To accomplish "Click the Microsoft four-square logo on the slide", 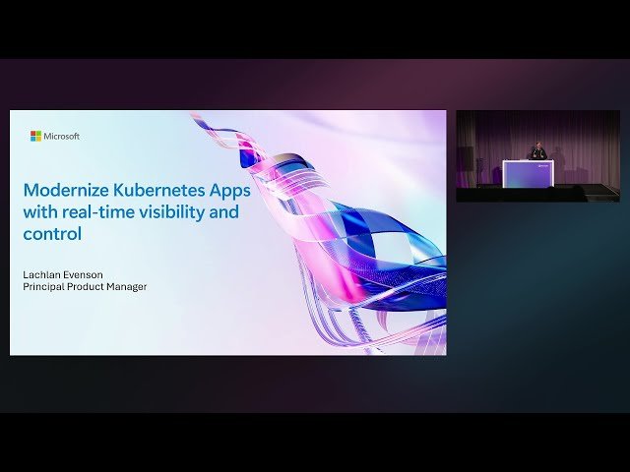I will (x=35, y=136).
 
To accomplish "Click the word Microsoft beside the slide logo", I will (x=62, y=136).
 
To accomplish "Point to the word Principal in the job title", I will (x=44, y=286).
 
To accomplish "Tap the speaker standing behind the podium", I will (x=537, y=151).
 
